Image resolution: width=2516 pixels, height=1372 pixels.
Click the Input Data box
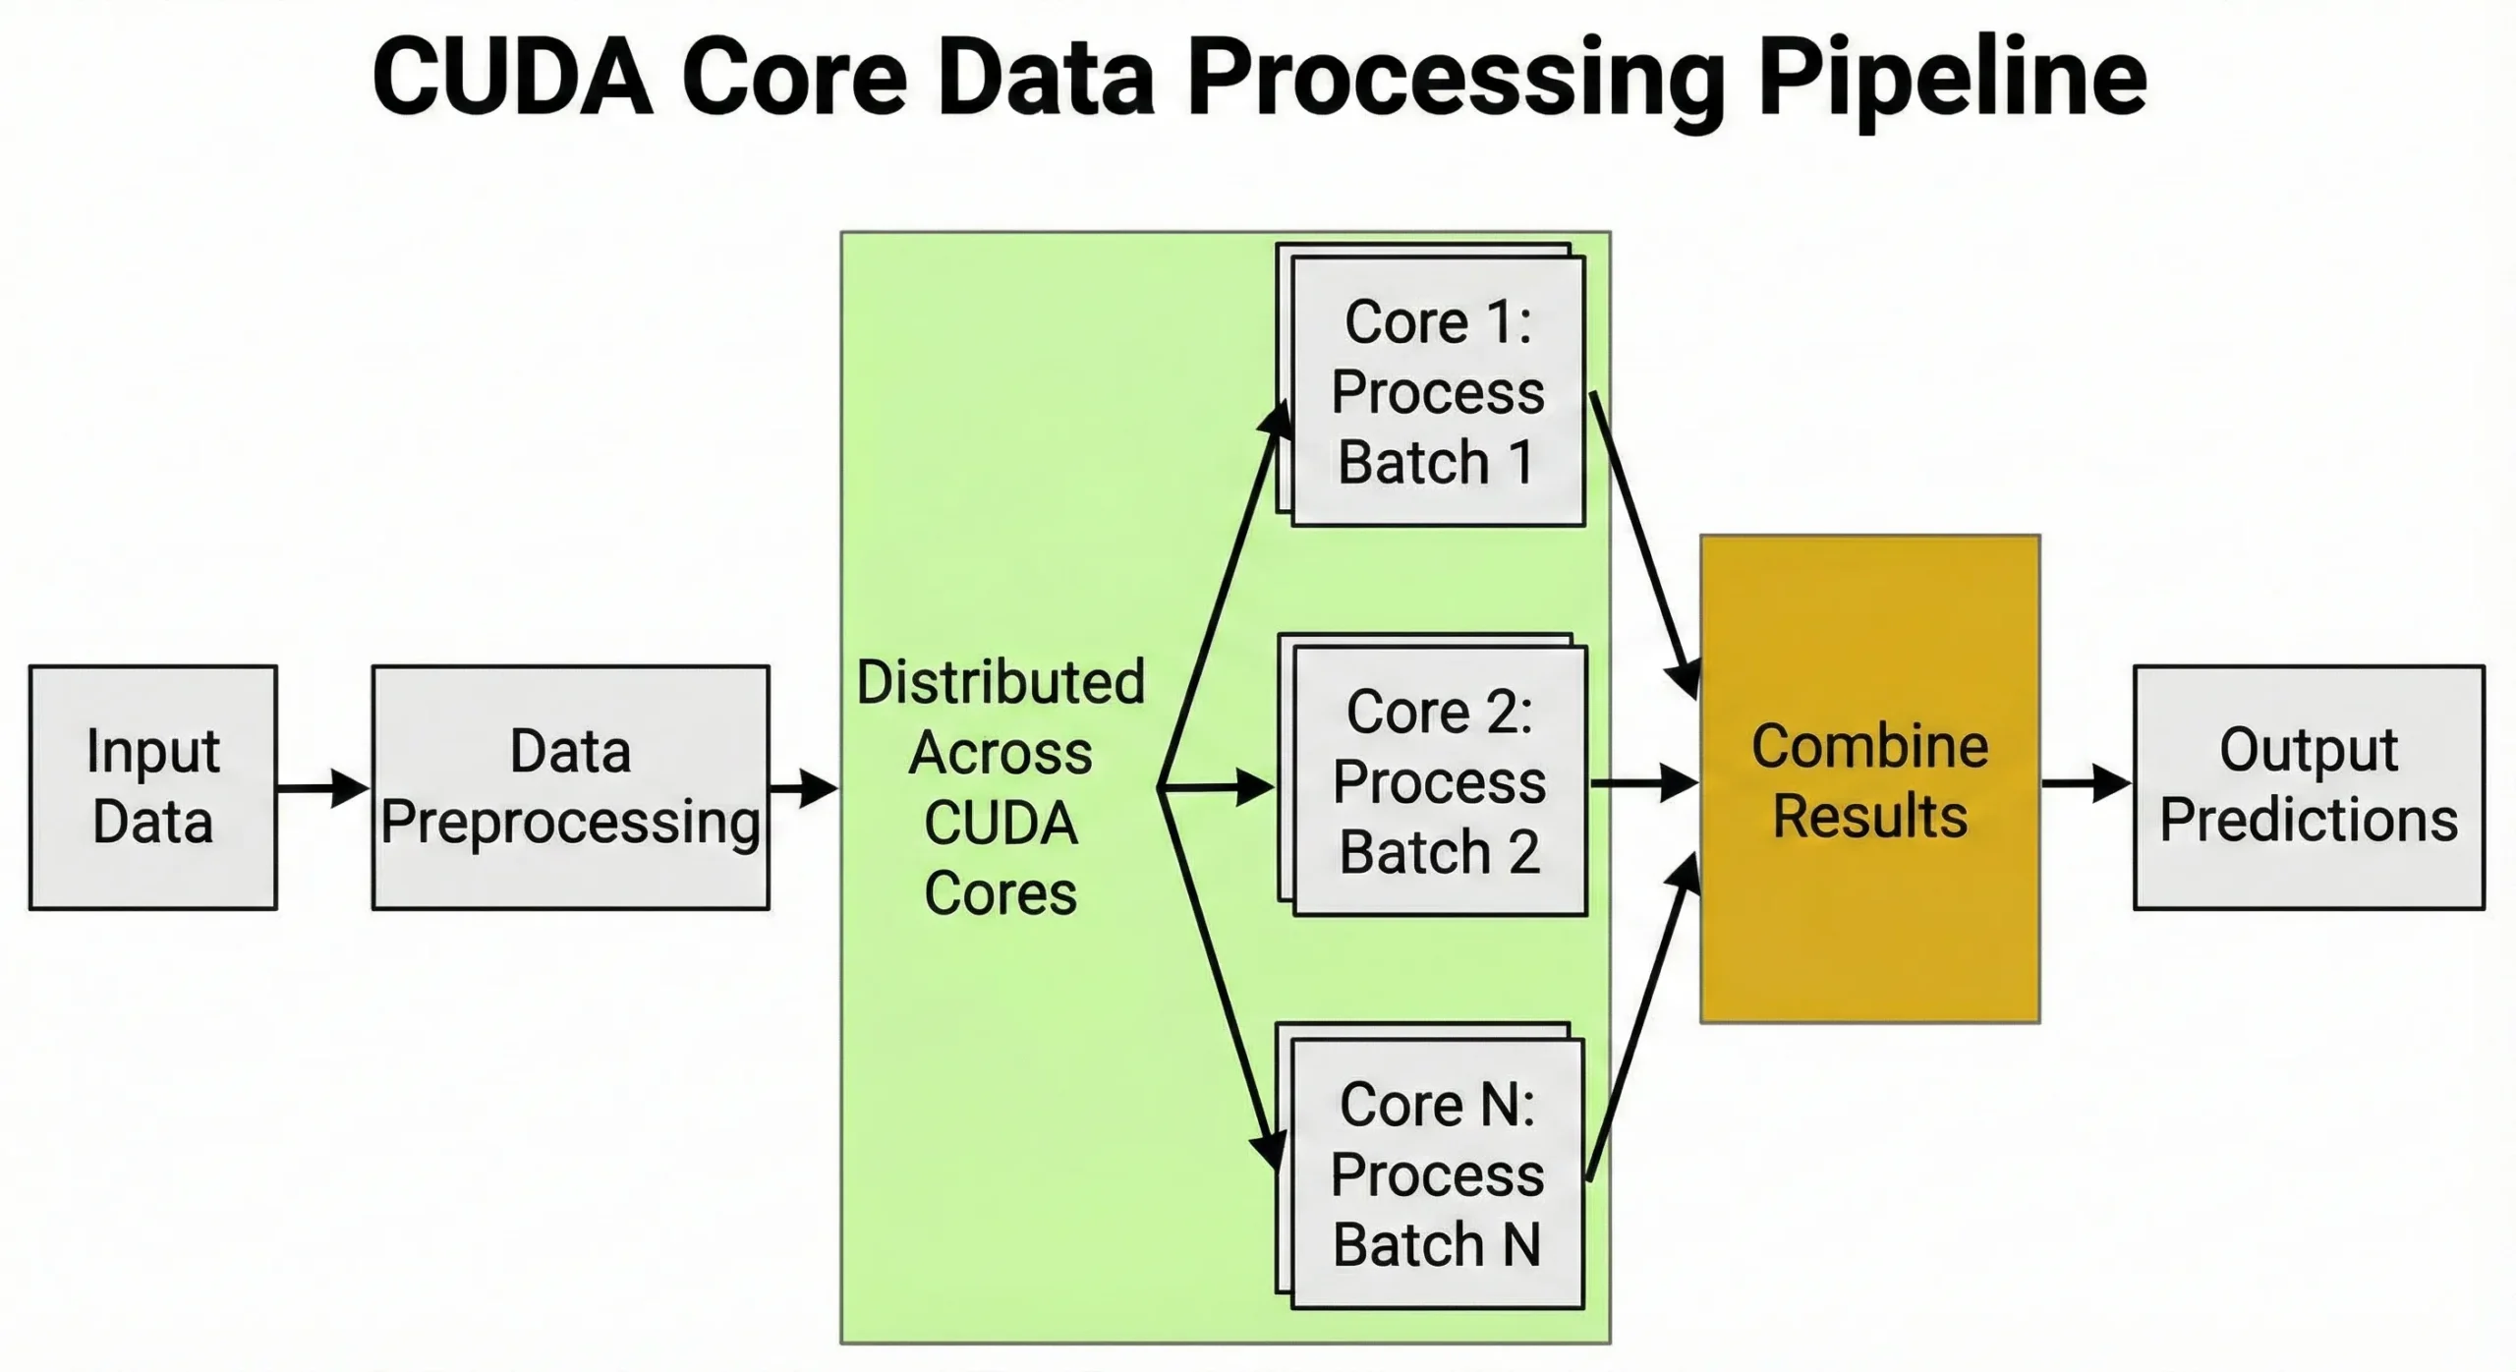152,787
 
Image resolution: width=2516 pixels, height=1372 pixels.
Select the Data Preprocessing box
570,787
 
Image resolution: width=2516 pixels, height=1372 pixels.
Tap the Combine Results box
1869,779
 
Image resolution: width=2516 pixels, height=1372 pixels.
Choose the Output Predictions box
2309,787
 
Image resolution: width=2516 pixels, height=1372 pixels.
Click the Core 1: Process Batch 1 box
1438,391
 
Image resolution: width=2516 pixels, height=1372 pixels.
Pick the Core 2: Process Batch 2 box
1440,780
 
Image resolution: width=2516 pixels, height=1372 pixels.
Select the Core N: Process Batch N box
1437,1173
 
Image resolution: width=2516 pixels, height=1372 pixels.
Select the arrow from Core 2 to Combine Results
1643,783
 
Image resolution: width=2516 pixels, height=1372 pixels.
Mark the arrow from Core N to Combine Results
1641,1022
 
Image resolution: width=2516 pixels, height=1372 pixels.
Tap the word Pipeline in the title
1951,79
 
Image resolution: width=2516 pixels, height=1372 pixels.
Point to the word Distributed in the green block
1001,682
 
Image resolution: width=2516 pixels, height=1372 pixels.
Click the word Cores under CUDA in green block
1001,893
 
